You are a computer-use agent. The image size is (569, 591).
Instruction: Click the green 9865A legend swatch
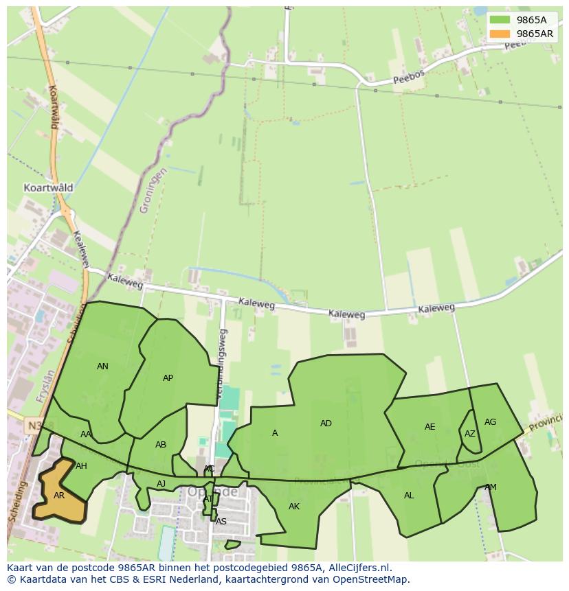500,20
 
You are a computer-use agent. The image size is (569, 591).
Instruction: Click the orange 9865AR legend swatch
500,34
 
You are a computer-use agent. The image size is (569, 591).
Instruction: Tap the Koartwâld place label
48,187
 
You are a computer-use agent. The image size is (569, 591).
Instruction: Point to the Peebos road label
410,76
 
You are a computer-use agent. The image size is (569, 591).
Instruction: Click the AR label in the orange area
59,495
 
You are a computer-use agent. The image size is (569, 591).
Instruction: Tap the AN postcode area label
102,367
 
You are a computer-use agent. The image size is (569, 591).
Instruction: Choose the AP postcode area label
168,378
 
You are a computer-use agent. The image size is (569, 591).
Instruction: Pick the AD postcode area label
326,424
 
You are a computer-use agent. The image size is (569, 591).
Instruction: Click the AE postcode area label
429,427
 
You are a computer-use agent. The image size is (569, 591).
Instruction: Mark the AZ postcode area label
469,434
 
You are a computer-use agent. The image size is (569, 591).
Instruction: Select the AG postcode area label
490,422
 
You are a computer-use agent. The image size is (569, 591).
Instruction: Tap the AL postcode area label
409,496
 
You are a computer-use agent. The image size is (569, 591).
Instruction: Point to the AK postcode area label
294,507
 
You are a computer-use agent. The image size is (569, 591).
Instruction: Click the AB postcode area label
161,445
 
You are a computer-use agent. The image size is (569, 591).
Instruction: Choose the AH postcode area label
81,466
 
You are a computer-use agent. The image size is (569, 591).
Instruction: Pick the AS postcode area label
221,522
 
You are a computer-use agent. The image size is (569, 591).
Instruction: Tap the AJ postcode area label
161,484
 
